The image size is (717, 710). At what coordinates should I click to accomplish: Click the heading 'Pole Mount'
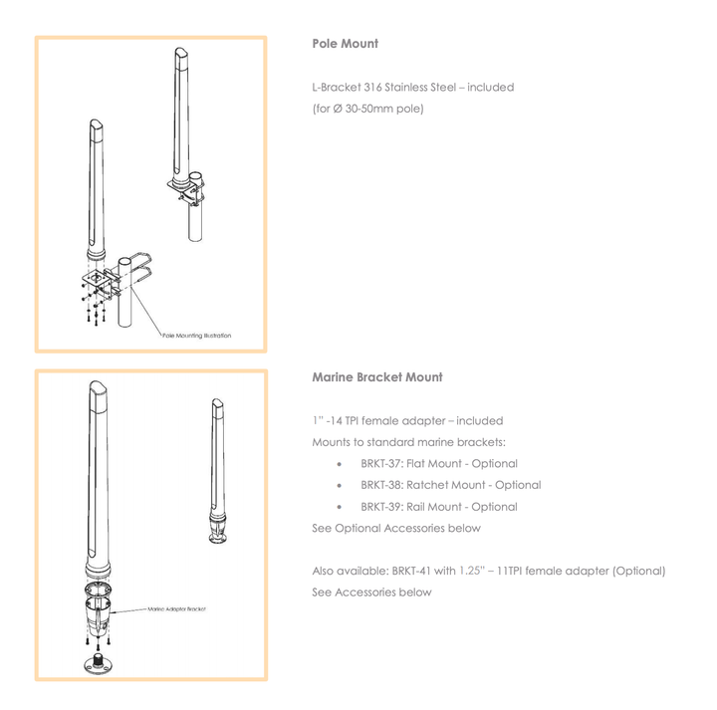click(x=345, y=44)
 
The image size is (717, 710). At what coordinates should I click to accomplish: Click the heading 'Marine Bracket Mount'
click(x=376, y=377)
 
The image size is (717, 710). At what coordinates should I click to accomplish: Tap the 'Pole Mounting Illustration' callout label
click(x=197, y=336)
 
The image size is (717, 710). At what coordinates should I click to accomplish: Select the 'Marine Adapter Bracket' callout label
click(x=177, y=608)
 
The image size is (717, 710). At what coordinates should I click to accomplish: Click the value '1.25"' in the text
click(x=472, y=571)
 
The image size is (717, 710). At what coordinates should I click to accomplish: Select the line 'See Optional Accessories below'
click(x=396, y=529)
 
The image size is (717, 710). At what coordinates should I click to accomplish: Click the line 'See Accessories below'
click(x=371, y=592)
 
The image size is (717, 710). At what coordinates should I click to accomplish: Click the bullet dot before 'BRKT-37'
click(x=341, y=464)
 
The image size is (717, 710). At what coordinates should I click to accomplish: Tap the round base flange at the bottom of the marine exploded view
click(x=101, y=663)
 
